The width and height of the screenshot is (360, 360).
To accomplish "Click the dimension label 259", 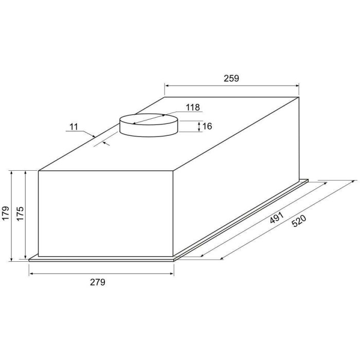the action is pyautogui.click(x=231, y=79).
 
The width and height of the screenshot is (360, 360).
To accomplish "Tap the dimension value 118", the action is pyautogui.click(x=193, y=107).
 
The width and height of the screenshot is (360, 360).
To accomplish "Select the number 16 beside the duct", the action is pyautogui.click(x=207, y=127).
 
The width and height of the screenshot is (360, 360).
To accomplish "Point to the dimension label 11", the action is pyautogui.click(x=74, y=127).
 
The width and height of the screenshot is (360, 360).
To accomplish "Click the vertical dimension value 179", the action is pyautogui.click(x=6, y=213).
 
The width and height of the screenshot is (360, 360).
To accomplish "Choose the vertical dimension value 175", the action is pyautogui.click(x=20, y=213).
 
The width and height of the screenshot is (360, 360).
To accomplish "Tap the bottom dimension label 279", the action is pyautogui.click(x=98, y=282).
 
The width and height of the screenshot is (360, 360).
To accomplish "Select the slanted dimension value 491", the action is pyautogui.click(x=277, y=218).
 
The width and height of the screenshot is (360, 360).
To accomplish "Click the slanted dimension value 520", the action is pyautogui.click(x=299, y=221).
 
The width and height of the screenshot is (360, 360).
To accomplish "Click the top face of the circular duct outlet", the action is pyautogui.click(x=149, y=119).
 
